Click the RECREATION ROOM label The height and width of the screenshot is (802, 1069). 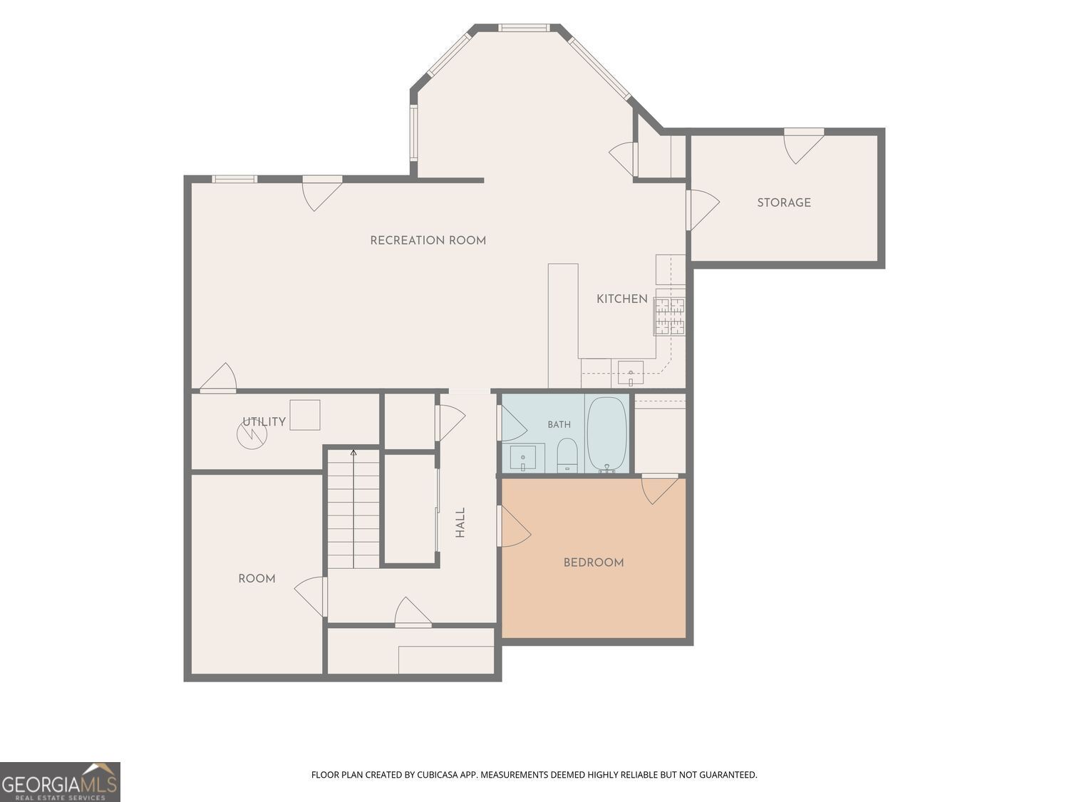[x=428, y=240]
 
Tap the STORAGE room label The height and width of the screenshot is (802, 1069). [x=784, y=202]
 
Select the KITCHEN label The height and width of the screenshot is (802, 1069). [x=622, y=299]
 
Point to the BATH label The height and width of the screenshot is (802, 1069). [x=559, y=425]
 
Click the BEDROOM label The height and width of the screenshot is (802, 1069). [x=593, y=563]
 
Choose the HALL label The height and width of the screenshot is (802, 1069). [x=460, y=523]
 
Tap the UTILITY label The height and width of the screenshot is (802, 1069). [x=264, y=422]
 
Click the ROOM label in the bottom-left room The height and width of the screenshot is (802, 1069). [x=257, y=578]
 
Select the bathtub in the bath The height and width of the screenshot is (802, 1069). [x=606, y=434]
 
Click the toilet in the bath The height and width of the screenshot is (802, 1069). [x=567, y=455]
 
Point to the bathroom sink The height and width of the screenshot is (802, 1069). [x=522, y=458]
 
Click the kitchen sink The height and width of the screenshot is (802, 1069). [x=631, y=373]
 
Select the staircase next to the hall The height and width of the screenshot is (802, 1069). [x=353, y=509]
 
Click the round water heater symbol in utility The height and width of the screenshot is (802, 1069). [x=252, y=434]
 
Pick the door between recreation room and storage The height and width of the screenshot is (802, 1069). [x=701, y=210]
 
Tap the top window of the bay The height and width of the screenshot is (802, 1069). [x=524, y=28]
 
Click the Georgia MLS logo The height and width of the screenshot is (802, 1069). [x=60, y=781]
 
